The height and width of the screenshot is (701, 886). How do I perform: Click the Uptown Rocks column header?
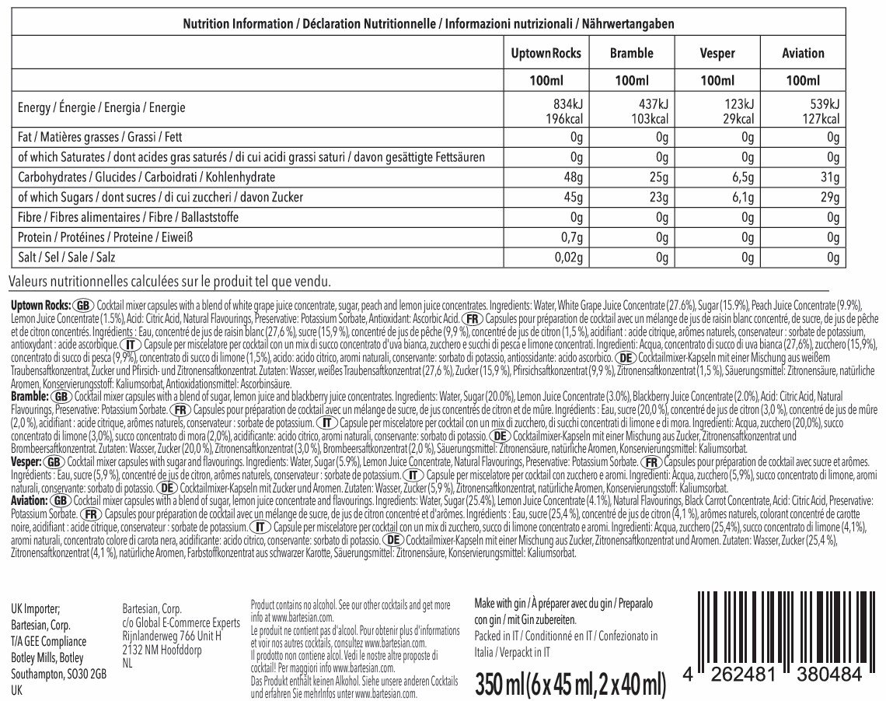coord(546,54)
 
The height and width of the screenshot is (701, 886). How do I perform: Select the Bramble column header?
coord(631,54)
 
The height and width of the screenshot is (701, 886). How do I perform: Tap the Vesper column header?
coord(717,54)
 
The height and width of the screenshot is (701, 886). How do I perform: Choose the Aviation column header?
coord(802,54)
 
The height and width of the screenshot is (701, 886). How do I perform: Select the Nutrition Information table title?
coord(427,24)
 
